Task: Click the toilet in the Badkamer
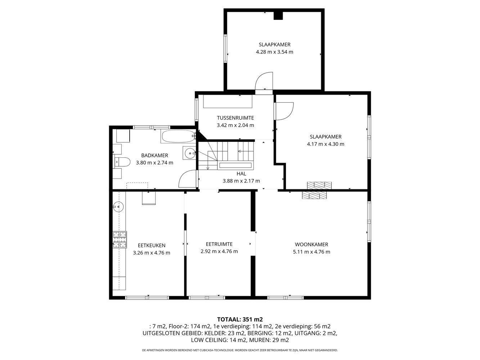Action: [x=122, y=162]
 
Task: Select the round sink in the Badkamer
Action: [x=190, y=153]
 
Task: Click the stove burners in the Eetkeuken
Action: [x=120, y=239]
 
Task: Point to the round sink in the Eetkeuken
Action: [x=119, y=206]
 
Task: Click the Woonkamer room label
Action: [x=311, y=244]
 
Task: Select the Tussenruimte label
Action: [x=235, y=118]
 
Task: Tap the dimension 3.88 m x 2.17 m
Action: [x=241, y=181]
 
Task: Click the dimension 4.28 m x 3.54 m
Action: [x=274, y=52]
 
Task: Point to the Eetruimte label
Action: [x=219, y=244]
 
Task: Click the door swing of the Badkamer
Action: [x=187, y=179]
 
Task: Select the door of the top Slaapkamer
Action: [x=264, y=81]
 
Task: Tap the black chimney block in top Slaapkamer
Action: [x=278, y=15]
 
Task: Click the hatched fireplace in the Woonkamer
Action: [x=314, y=195]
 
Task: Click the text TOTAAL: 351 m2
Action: [x=240, y=319]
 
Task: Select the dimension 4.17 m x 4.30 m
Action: [x=326, y=144]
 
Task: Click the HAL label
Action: [x=241, y=174]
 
